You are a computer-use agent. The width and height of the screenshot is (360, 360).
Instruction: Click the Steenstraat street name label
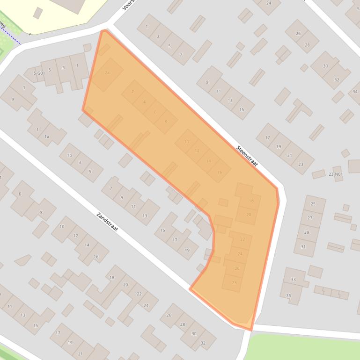(247, 156)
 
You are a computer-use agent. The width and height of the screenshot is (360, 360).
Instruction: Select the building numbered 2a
(107, 73)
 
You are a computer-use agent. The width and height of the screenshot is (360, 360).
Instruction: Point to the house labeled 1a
(46, 136)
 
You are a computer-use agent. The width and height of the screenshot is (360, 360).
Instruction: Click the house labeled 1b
(69, 155)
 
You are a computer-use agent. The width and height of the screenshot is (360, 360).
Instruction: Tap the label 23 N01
(335, 174)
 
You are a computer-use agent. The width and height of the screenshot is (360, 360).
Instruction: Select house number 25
(313, 204)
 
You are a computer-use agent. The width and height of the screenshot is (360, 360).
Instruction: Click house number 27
(310, 218)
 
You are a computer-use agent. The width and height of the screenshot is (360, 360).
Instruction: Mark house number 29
(307, 232)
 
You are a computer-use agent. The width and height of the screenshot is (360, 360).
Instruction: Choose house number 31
(303, 246)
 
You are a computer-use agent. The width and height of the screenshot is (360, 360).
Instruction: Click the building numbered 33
(293, 280)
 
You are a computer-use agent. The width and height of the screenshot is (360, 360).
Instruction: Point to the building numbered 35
(289, 295)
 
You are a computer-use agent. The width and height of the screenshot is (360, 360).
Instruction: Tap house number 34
(355, 91)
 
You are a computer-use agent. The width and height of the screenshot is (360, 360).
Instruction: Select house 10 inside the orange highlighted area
(187, 142)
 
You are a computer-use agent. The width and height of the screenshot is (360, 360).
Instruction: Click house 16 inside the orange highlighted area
(219, 172)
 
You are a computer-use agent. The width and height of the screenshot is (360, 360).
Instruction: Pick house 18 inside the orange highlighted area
(251, 201)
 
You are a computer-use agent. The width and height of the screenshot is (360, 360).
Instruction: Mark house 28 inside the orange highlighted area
(234, 282)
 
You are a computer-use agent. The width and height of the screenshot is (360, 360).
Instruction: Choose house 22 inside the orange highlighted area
(242, 239)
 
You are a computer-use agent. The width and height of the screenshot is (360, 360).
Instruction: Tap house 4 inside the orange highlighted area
(144, 101)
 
